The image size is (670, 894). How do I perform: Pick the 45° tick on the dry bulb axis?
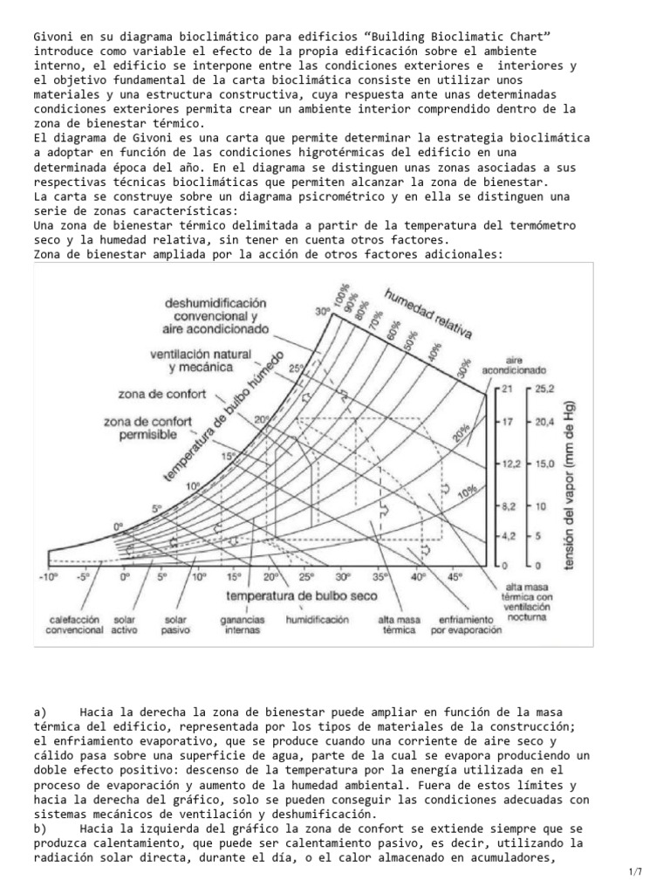coord(455,577)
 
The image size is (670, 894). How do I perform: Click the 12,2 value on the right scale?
coord(509,464)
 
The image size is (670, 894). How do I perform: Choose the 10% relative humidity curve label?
coord(468,493)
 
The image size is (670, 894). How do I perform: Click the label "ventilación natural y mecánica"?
coord(201,361)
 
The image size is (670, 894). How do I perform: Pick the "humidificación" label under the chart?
coord(317,619)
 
